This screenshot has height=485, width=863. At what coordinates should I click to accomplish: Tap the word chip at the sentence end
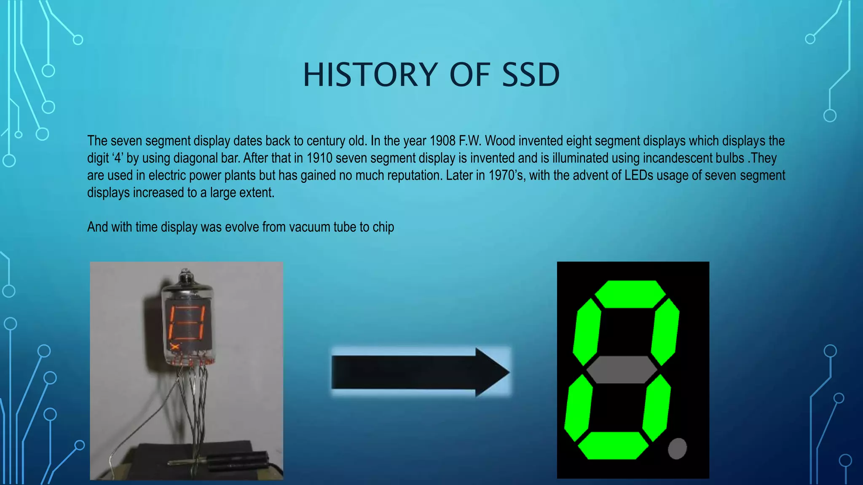[x=383, y=227]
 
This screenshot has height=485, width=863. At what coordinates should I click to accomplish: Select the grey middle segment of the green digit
[x=622, y=370]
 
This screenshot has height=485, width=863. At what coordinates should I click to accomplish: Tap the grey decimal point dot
[x=677, y=448]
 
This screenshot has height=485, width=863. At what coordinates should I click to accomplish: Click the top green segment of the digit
[x=630, y=294]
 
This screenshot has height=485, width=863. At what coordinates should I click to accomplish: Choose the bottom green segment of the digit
[x=613, y=445]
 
